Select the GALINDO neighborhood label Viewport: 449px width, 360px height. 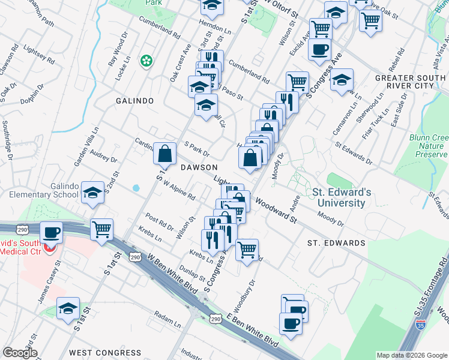135,101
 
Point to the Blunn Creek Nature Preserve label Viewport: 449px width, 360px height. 430,145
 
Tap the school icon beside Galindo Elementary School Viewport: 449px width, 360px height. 92,193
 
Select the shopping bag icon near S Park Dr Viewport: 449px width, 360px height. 164,154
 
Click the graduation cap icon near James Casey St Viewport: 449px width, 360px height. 68,308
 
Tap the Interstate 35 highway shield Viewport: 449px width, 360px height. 421,326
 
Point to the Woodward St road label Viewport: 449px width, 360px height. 276,210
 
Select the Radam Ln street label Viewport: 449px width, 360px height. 167,319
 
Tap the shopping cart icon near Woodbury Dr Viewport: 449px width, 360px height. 247,250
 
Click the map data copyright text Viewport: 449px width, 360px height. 411,355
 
